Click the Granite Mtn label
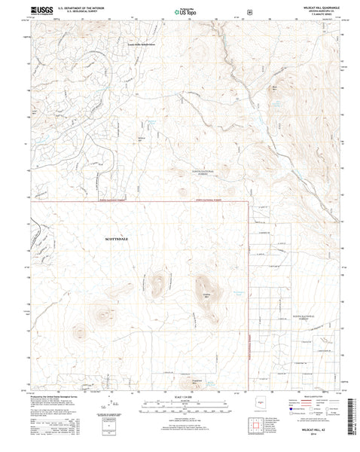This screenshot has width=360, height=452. [x=205, y=295]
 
